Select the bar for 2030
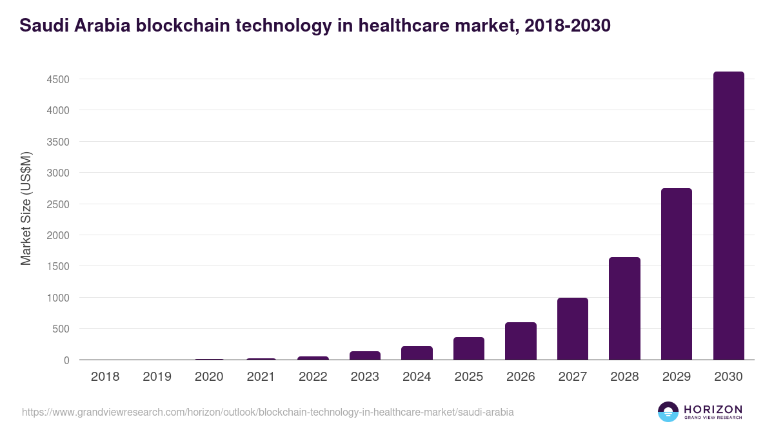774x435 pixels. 728,216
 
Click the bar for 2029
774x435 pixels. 677,274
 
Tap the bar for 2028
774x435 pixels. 624,309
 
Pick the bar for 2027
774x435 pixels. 573,329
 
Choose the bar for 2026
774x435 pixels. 521,341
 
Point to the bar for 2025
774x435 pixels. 468,349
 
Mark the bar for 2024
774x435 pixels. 417,353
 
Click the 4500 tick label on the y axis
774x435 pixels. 57,79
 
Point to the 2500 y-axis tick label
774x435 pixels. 57,204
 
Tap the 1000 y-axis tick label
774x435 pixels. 57,298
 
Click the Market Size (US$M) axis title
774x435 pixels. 26,209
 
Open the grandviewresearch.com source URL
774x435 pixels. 268,412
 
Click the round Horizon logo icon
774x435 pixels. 668,412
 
